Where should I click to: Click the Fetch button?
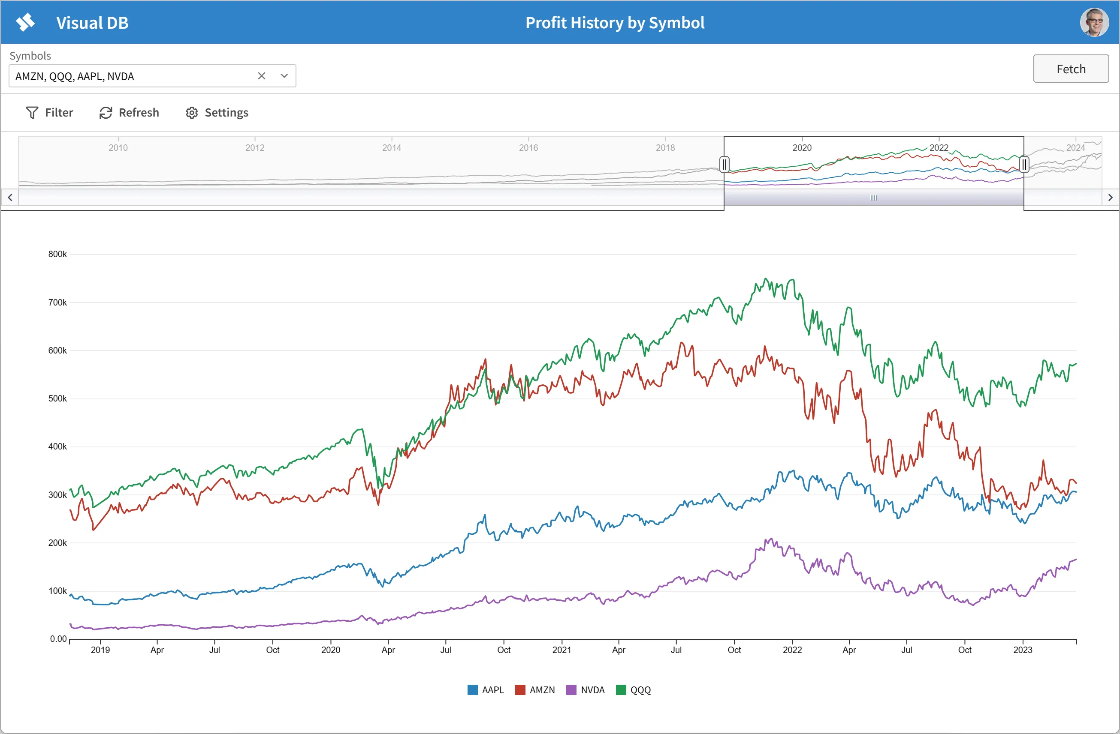(1071, 69)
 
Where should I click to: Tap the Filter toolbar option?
(49, 112)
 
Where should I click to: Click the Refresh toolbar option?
(129, 112)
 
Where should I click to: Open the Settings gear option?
(217, 112)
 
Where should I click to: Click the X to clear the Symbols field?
(262, 76)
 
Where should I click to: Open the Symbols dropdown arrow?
(284, 76)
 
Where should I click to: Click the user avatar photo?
(1094, 22)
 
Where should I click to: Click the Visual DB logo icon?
(25, 22)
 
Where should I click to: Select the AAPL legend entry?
(486, 690)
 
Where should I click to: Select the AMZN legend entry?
(535, 690)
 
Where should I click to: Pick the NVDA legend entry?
(586, 690)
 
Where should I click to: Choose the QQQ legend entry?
(634, 690)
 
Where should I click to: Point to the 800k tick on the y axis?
(57, 255)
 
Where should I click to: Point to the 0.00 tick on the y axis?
(58, 639)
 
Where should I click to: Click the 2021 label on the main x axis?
(562, 650)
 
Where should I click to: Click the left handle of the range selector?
(724, 165)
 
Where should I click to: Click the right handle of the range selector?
(1024, 165)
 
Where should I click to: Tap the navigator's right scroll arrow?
(1110, 198)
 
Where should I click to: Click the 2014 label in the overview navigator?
(392, 148)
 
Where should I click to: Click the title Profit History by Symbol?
(615, 23)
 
